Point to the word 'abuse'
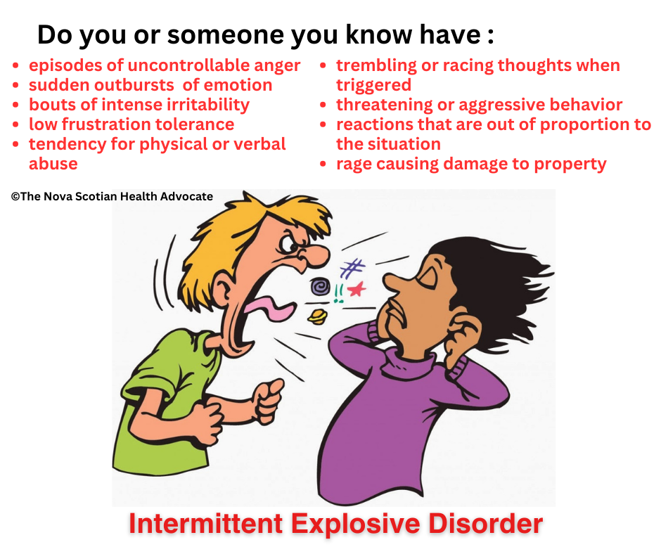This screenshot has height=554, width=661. coord(53,164)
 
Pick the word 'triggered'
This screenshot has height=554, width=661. coord(373,86)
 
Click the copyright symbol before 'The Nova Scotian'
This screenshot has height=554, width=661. coord(15,196)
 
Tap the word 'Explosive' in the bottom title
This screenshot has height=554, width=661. coord(355,524)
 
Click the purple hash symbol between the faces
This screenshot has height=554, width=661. coord(352,268)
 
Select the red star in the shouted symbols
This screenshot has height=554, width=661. coord(357,289)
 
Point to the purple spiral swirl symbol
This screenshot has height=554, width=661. coord(321,287)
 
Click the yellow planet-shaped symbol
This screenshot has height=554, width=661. coord(317,316)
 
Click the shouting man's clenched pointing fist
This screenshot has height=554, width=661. coord(269,400)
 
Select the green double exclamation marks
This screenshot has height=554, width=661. coord(338,293)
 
